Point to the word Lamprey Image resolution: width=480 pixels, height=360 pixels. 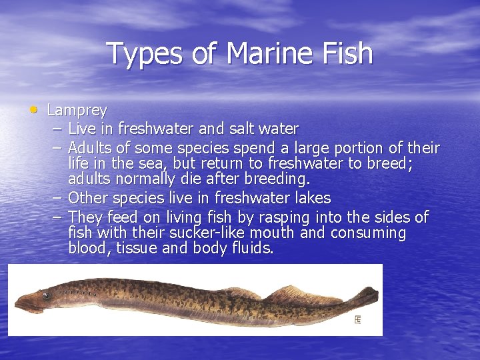coord(77,110)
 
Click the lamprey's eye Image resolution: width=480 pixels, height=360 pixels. coord(46,295)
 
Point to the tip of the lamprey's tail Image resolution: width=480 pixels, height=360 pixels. coord(377,291)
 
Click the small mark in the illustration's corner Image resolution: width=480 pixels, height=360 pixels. coord(358,320)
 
